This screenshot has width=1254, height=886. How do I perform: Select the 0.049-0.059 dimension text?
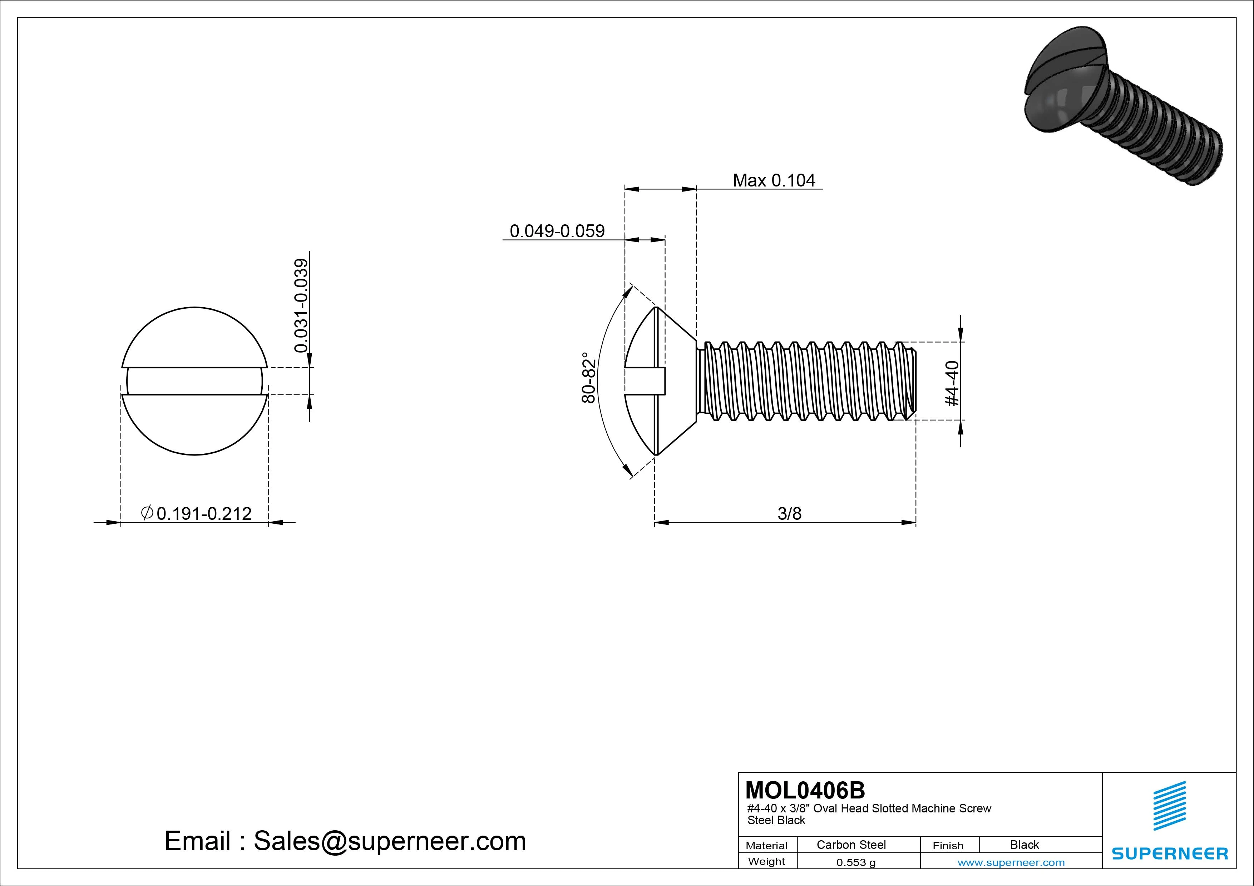557,231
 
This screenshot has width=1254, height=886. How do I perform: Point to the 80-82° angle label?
588,378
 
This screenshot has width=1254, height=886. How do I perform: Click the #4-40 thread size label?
952,383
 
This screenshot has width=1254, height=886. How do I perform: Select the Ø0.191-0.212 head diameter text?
197,513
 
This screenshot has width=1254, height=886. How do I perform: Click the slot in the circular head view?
194,381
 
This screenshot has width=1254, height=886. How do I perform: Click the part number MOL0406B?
805,790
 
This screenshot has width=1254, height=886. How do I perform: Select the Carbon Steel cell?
851,845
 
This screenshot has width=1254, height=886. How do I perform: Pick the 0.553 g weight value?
856,862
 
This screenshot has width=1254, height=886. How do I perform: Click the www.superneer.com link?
1011,862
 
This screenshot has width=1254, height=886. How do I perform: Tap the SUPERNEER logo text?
1170,853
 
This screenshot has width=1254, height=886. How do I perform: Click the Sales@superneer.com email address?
389,841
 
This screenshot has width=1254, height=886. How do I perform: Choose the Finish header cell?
948,845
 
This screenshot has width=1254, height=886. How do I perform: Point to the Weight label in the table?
766,861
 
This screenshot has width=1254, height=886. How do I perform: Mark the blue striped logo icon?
1169,806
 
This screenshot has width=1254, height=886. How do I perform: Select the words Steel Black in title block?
776,820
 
